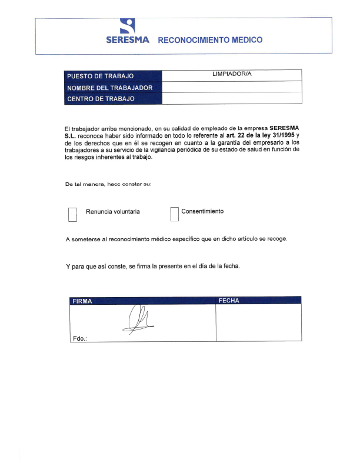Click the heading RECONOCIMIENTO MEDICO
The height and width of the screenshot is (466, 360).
[x=210, y=41]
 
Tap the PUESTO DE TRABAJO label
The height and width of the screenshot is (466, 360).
[x=101, y=76]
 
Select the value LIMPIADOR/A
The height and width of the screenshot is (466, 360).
[x=232, y=75]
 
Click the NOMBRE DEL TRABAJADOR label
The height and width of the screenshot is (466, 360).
[x=110, y=88]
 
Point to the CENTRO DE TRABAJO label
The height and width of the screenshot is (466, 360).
[x=101, y=99]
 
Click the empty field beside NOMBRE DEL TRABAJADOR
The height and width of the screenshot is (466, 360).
[x=232, y=87]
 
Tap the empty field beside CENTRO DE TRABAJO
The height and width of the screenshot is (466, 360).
[x=232, y=98]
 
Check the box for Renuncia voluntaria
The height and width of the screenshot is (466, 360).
[x=73, y=214]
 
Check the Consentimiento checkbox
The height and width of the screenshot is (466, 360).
[x=174, y=214]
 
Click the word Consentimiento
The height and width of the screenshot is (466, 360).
[x=202, y=211]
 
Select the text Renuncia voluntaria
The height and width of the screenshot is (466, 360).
[x=113, y=211]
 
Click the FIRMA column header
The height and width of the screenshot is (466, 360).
[x=82, y=301]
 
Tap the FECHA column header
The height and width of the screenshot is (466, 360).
[x=229, y=300]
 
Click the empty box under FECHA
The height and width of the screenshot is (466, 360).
[x=259, y=322]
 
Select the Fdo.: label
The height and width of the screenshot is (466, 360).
[x=79, y=338]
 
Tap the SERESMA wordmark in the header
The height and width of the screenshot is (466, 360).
[x=128, y=41]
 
